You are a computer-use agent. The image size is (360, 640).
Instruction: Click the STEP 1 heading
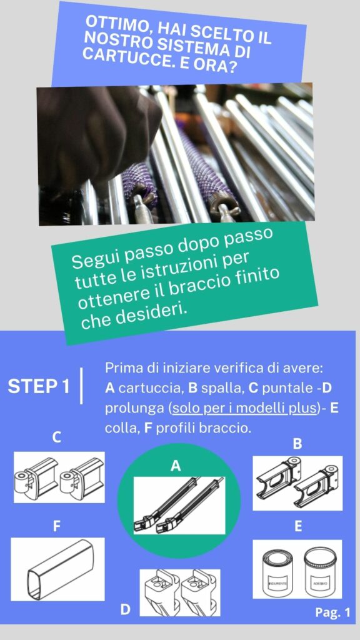click(x=39, y=387)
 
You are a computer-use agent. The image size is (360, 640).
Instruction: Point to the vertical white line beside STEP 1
click(x=82, y=386)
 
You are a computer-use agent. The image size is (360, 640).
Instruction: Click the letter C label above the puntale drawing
click(x=57, y=437)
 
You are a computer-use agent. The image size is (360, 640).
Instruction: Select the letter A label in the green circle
click(x=176, y=466)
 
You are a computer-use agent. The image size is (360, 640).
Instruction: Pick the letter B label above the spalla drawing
click(x=298, y=444)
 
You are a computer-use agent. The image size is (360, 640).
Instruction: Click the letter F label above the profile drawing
click(x=56, y=527)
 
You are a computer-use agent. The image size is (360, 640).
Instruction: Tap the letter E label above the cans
click(x=298, y=527)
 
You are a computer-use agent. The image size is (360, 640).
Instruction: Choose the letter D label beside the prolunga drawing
click(x=126, y=609)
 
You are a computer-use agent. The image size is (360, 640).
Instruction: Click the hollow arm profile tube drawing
click(x=61, y=569)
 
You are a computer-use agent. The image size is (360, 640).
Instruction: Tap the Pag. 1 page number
click(x=332, y=612)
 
